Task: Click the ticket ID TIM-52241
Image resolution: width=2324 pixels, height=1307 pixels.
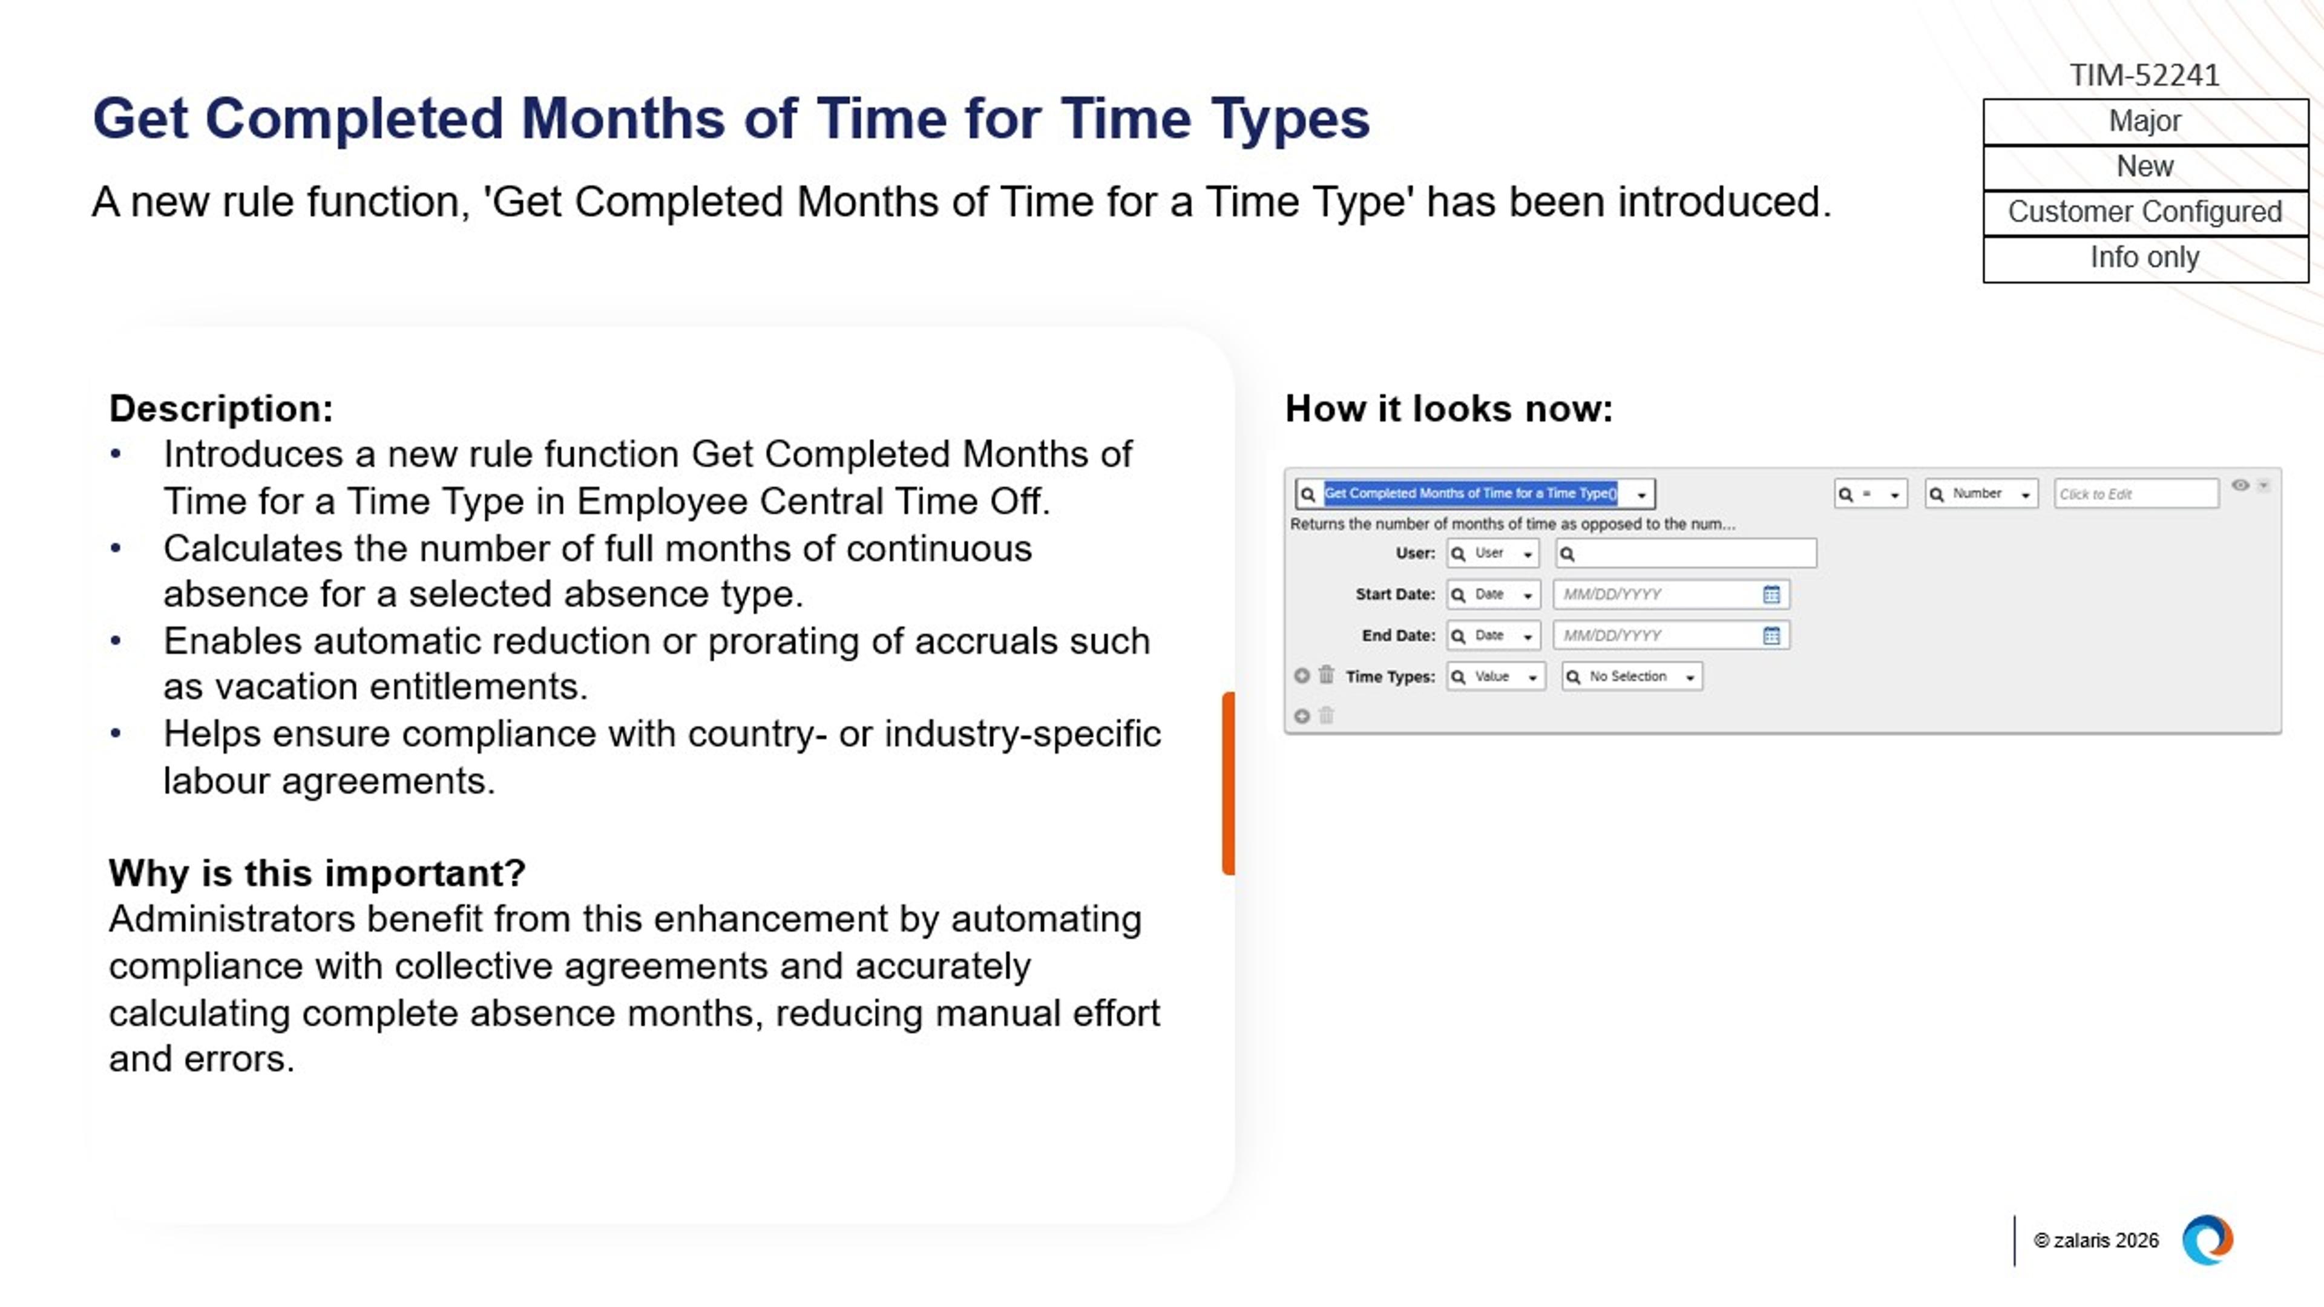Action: pyautogui.click(x=2144, y=75)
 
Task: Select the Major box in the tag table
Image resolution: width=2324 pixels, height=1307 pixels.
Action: pyautogui.click(x=2144, y=122)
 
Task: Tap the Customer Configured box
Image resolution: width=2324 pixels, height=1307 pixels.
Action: pyautogui.click(x=2144, y=212)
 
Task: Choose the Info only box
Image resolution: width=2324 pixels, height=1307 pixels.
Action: pyautogui.click(x=2144, y=258)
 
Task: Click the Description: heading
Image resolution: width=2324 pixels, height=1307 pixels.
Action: pyautogui.click(x=221, y=408)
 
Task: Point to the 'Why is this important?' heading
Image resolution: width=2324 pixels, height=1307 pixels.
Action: pyautogui.click(x=317, y=873)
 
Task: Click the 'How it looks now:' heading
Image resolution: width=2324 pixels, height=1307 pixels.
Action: pyautogui.click(x=1448, y=408)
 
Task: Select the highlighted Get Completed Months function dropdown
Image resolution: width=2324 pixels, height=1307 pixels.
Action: pyautogui.click(x=1475, y=493)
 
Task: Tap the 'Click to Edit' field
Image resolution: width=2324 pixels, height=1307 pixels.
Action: pyautogui.click(x=2135, y=493)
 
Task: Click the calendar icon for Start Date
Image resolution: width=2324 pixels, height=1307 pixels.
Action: pyautogui.click(x=1771, y=594)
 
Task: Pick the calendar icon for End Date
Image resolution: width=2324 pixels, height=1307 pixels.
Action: pyautogui.click(x=1771, y=636)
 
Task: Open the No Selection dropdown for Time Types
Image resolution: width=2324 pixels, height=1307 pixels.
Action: pyautogui.click(x=1632, y=676)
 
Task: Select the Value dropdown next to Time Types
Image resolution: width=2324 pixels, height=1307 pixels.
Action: pyautogui.click(x=1495, y=676)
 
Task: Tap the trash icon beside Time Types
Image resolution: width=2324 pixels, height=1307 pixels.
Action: pyautogui.click(x=1326, y=675)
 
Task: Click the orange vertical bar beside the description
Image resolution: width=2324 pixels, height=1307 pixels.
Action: pyautogui.click(x=1228, y=783)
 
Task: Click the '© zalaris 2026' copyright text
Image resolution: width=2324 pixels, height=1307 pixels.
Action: pyautogui.click(x=2096, y=1240)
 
